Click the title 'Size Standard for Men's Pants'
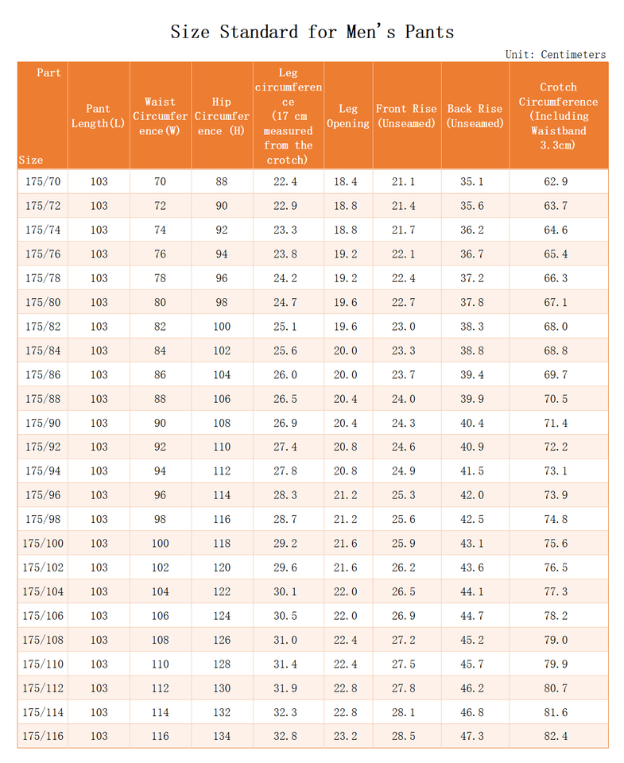pos(312,33)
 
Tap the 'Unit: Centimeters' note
pos(555,55)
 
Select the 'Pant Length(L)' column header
pos(99,116)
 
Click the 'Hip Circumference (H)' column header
pos(222,116)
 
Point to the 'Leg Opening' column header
pos(348,116)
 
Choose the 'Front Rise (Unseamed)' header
pos(406,116)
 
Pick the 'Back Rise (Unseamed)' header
pos(475,116)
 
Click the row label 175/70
pos(43,182)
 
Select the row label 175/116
pos(43,736)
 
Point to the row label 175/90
pos(43,423)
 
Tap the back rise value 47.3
pos(472,736)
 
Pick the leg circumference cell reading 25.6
pos(285,351)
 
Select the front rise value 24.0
pos(404,399)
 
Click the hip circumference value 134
pos(222,736)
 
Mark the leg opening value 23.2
pos(346,736)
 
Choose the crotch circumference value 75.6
pos(556,544)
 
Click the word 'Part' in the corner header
pos(48,73)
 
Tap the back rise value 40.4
pos(472,423)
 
